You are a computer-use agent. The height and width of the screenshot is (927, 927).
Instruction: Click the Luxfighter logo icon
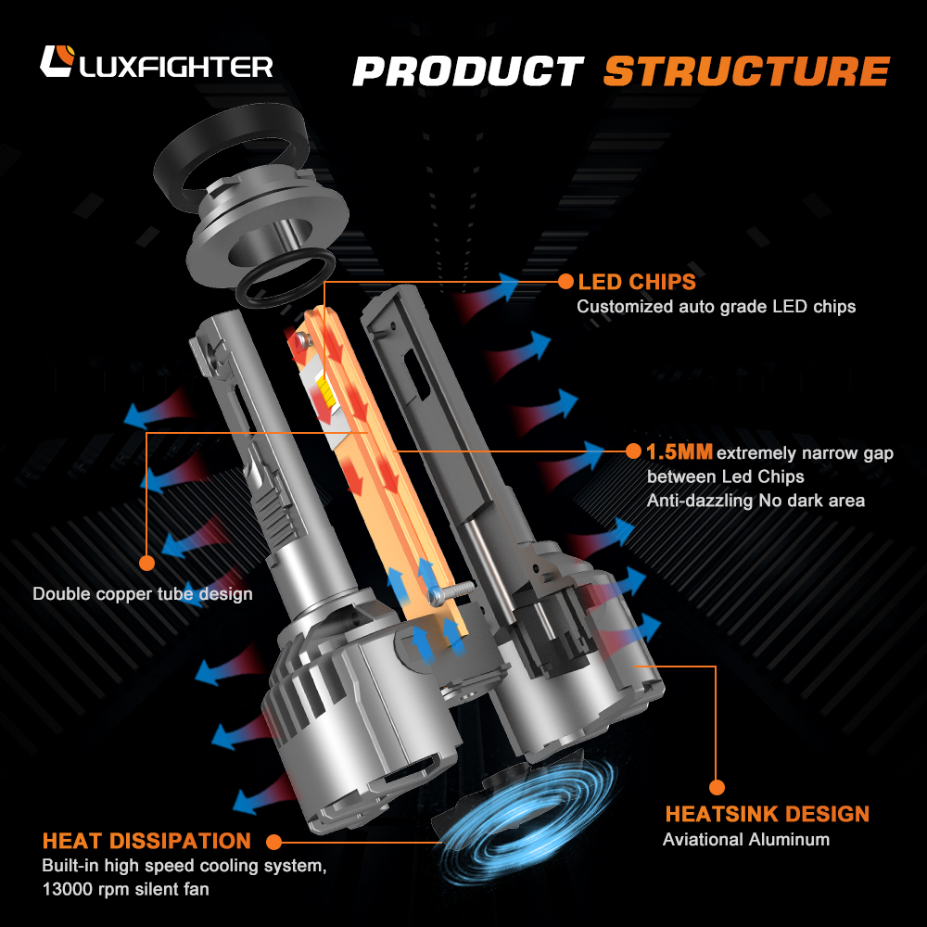pyautogui.click(x=57, y=61)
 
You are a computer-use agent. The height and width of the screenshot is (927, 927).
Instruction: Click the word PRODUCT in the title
pyautogui.click(x=468, y=71)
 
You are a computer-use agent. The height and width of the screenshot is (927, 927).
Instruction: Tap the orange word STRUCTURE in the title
pyautogui.click(x=746, y=71)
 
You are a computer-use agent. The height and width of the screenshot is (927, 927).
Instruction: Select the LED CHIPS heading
pyautogui.click(x=637, y=282)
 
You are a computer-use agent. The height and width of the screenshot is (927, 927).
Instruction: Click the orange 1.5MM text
pyautogui.click(x=679, y=452)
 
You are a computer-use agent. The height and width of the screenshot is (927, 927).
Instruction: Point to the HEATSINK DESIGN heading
pyautogui.click(x=768, y=814)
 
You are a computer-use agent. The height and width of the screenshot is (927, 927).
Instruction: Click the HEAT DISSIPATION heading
pyautogui.click(x=146, y=841)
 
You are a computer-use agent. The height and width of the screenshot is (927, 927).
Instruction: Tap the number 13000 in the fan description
pyautogui.click(x=63, y=889)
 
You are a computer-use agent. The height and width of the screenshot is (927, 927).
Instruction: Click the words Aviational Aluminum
pyautogui.click(x=746, y=840)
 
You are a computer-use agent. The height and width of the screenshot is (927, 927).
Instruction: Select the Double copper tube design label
pyautogui.click(x=143, y=593)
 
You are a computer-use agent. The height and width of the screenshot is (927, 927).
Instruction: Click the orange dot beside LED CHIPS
pyautogui.click(x=565, y=282)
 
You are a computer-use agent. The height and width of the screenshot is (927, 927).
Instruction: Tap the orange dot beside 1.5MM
pyautogui.click(x=633, y=451)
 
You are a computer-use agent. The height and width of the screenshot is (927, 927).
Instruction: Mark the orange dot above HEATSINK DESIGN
pyautogui.click(x=717, y=787)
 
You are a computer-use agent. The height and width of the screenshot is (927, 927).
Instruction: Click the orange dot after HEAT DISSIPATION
pyautogui.click(x=273, y=842)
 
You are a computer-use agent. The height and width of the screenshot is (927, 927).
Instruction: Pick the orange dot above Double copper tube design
pyautogui.click(x=146, y=563)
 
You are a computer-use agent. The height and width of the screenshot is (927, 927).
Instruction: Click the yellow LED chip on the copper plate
pyautogui.click(x=324, y=391)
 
